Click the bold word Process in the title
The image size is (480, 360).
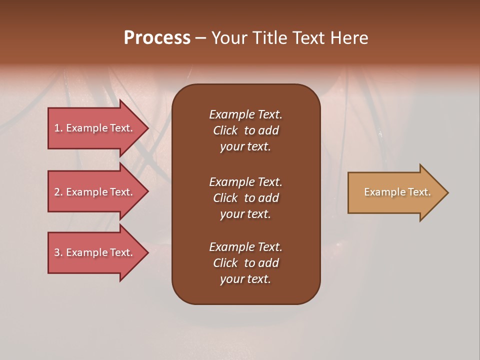pos(157,38)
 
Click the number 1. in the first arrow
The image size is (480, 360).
pos(58,128)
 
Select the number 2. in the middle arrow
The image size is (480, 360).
pos(58,192)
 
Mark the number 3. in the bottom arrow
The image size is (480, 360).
pos(58,252)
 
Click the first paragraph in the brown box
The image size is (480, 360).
pos(245,130)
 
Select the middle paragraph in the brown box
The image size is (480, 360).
pos(245,198)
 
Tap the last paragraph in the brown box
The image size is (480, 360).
pos(245,263)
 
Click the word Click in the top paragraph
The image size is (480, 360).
pos(225,130)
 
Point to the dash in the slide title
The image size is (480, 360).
pos(200,38)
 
